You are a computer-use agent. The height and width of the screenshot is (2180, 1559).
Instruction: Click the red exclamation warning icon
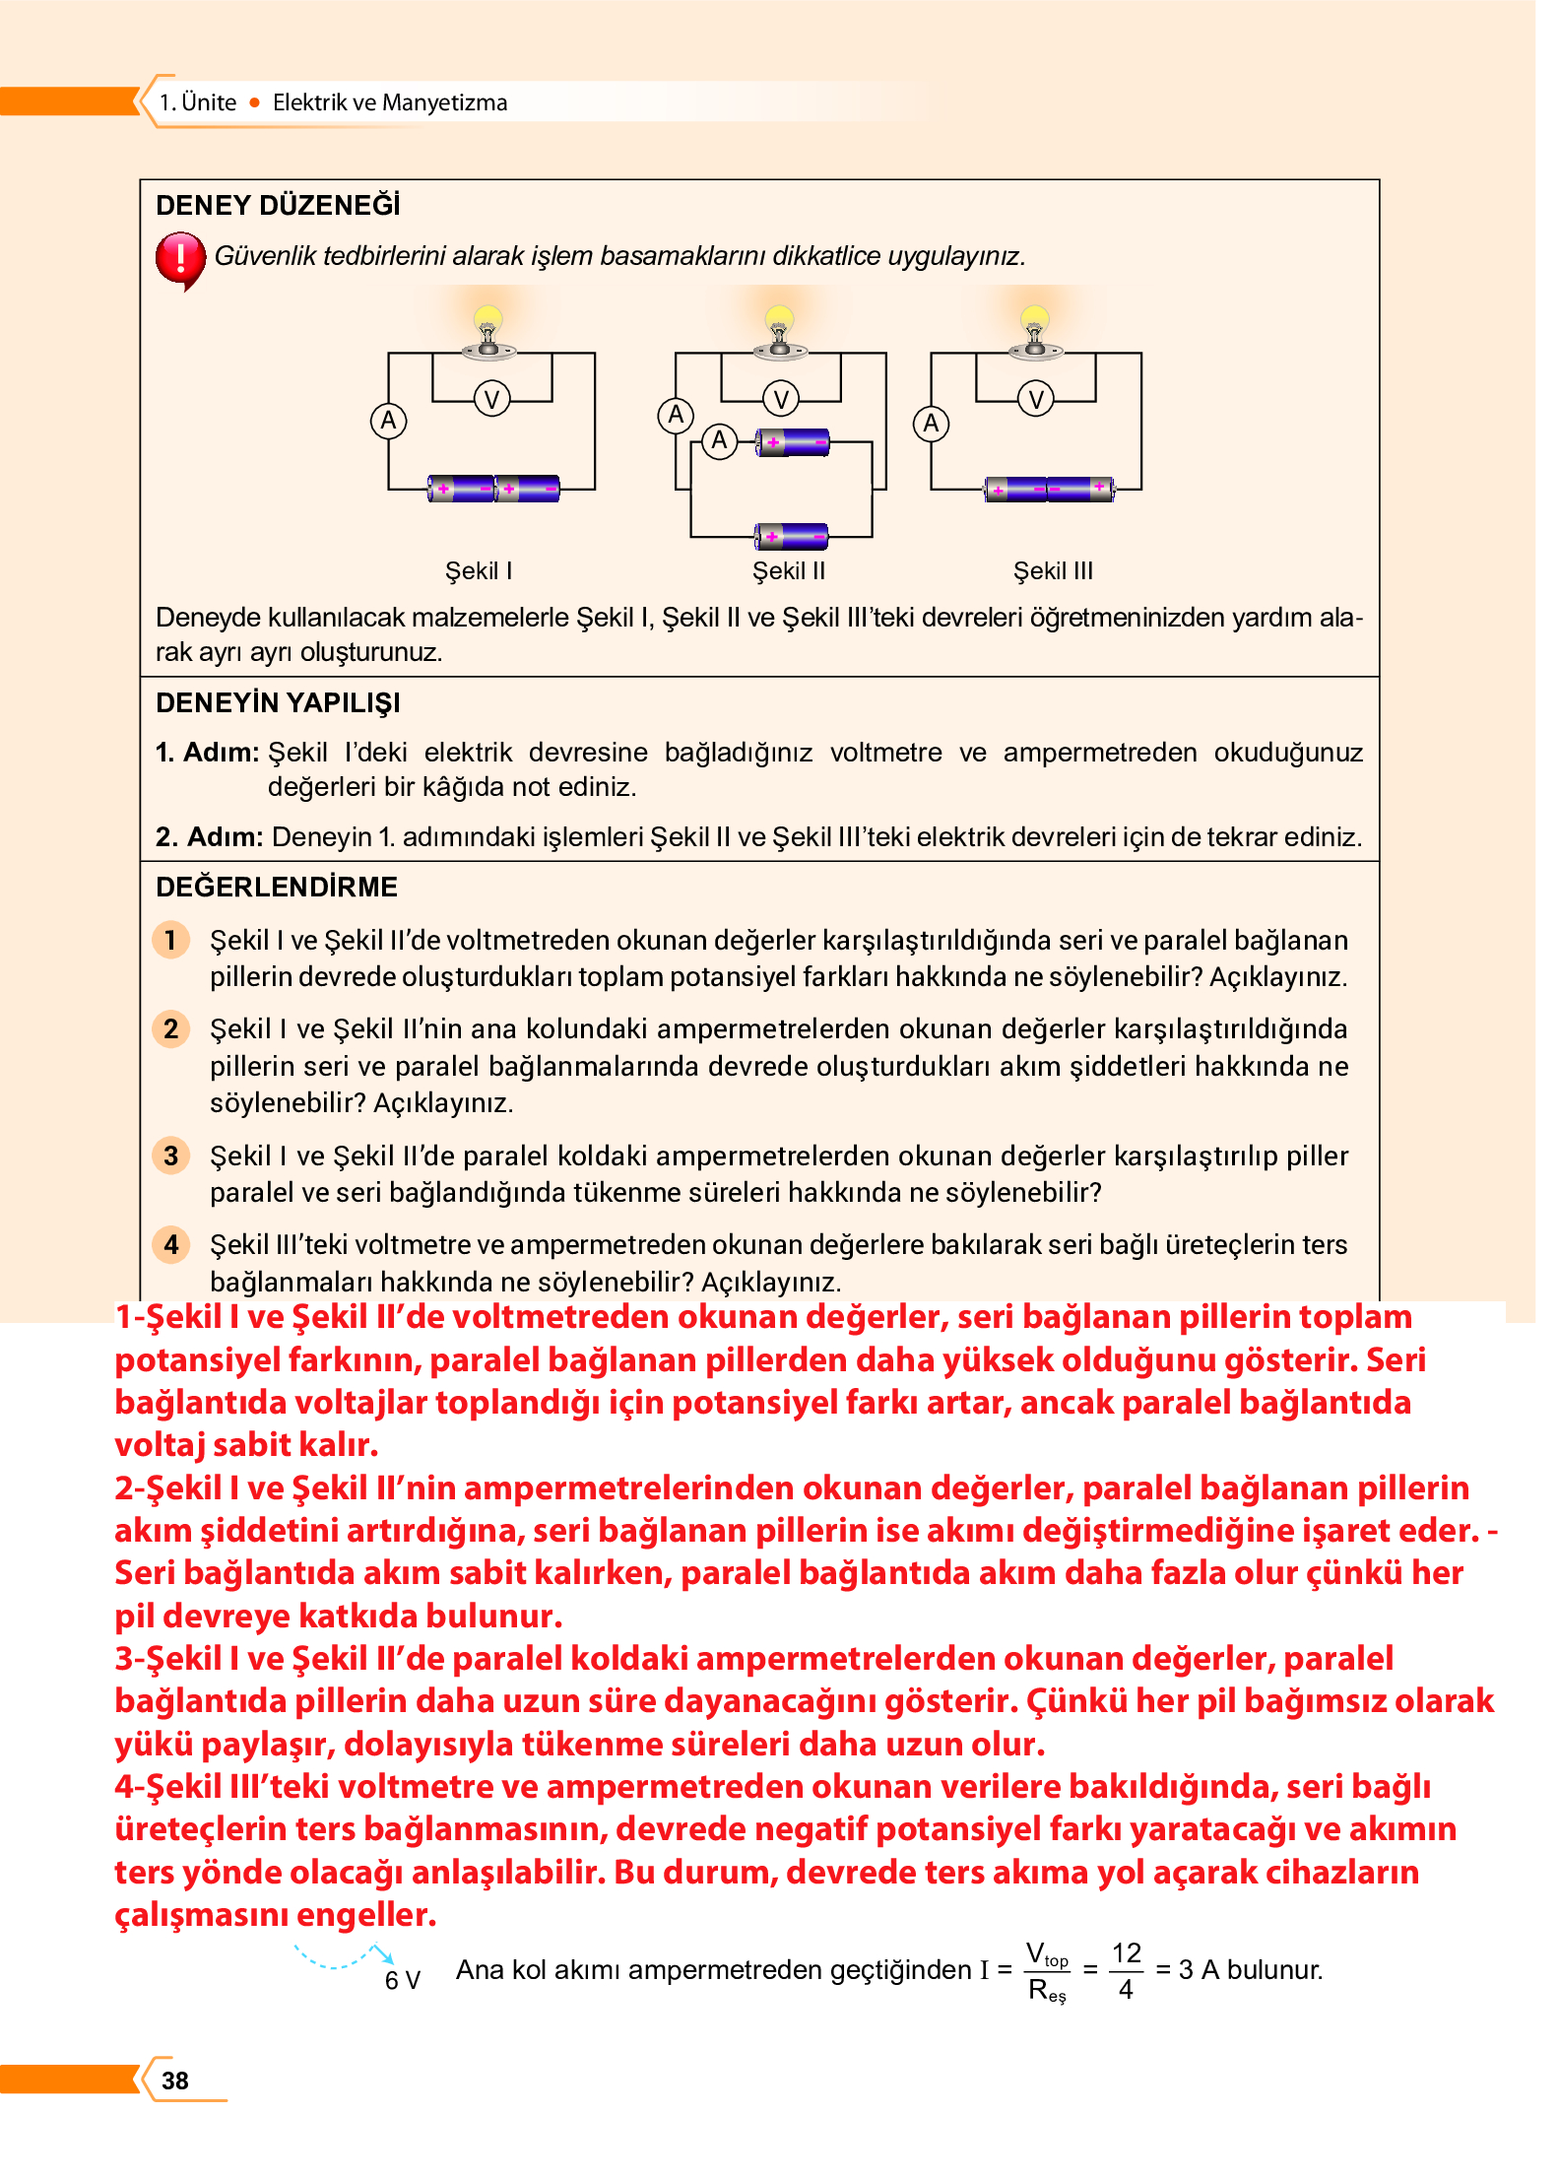point(180,259)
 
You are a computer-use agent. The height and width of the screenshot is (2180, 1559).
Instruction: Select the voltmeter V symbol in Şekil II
point(781,399)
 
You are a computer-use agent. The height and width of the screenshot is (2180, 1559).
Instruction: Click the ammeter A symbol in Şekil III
point(931,424)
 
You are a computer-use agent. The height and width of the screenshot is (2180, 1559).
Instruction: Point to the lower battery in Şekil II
point(792,536)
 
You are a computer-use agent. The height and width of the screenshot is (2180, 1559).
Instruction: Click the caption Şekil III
point(1053,571)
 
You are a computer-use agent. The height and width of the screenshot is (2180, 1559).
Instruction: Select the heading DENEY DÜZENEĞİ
point(278,205)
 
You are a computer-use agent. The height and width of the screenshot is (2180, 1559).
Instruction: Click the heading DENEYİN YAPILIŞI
point(278,703)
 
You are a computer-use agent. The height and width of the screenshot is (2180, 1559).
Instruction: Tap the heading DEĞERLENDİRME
point(277,887)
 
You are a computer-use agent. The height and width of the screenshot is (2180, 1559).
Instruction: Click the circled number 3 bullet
point(171,1156)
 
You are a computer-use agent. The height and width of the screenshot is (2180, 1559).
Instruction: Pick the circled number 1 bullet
point(171,940)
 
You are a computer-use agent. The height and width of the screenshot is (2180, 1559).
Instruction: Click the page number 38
point(175,2080)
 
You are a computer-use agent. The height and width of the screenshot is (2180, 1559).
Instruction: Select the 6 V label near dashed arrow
point(402,1980)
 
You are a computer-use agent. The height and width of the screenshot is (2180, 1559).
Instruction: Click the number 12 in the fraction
point(1126,1953)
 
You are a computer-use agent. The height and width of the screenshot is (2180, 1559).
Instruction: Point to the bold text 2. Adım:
point(209,837)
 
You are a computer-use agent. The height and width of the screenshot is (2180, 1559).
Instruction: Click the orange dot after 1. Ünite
point(255,102)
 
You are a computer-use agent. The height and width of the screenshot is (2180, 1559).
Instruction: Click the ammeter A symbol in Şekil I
point(389,421)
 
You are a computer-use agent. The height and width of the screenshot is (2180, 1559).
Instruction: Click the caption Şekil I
point(479,571)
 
